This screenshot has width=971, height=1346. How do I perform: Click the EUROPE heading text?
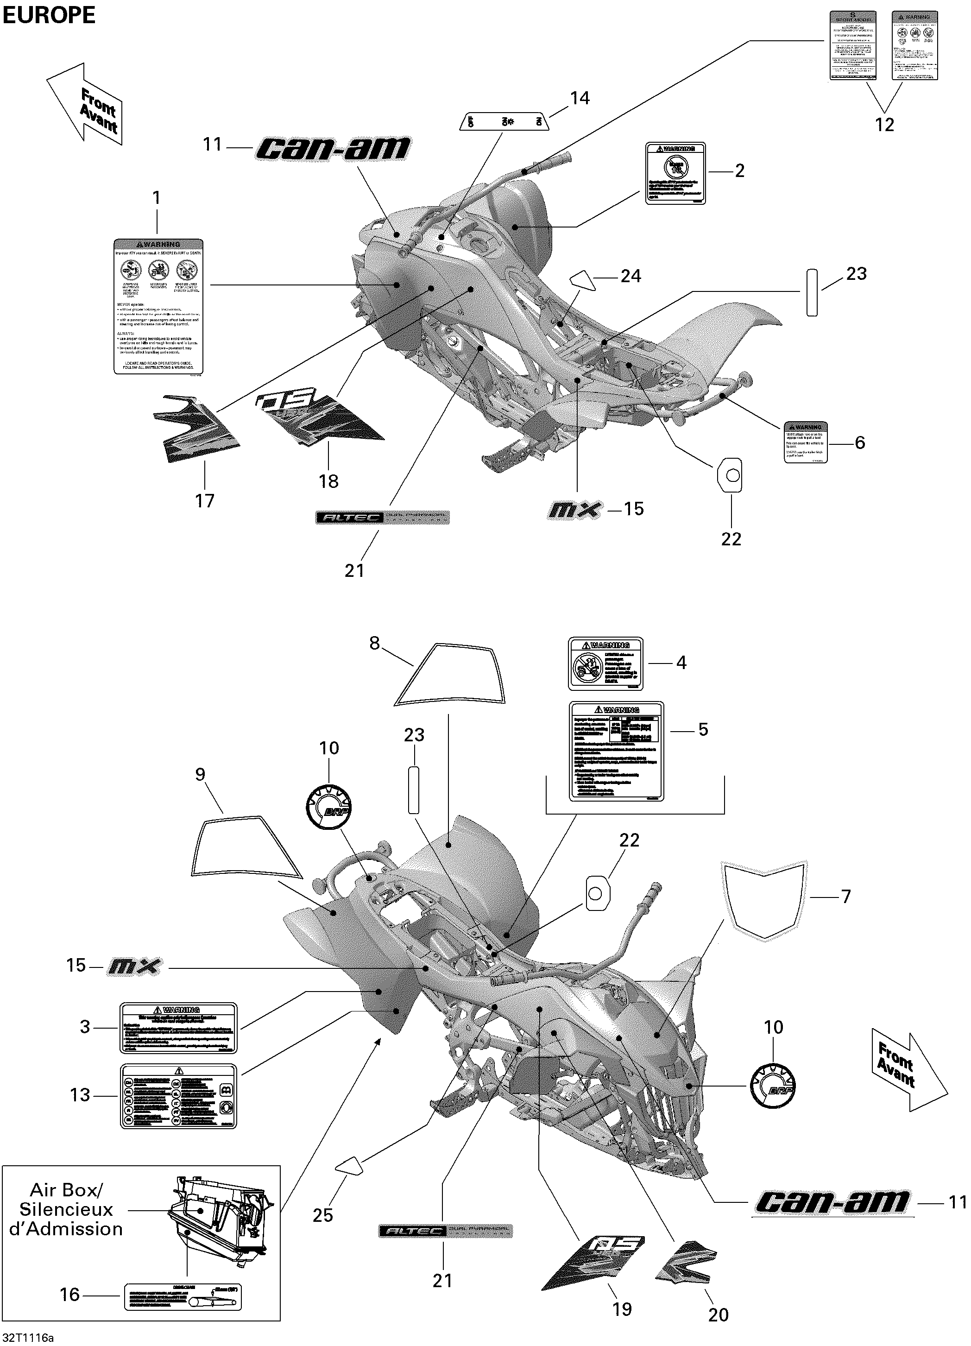[49, 15]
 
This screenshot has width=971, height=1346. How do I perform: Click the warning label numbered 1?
[158, 306]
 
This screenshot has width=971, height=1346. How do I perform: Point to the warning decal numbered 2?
[675, 173]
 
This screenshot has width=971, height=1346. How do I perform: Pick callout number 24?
[631, 276]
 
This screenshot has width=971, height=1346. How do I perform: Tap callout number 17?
[205, 501]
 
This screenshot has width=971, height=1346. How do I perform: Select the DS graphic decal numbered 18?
[321, 418]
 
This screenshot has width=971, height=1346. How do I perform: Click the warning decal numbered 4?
[605, 664]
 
